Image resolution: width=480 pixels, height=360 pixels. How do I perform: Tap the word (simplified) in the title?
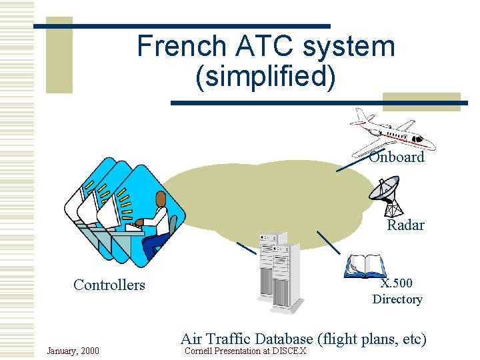point(265,77)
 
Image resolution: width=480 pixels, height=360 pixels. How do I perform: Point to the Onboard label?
point(397,157)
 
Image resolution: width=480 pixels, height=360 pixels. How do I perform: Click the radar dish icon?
point(385,193)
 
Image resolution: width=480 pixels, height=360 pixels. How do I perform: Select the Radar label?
point(405,225)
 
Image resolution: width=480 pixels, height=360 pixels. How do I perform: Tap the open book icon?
point(365,266)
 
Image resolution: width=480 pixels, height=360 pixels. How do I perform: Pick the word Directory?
point(397,299)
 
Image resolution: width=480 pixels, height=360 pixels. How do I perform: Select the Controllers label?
point(109,285)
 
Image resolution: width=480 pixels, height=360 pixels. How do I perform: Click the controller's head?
point(161,199)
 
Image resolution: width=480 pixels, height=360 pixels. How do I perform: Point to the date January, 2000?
point(73,351)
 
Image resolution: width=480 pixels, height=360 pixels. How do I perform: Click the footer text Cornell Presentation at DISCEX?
point(245,351)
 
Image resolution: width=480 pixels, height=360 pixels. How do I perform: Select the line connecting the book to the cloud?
point(328,242)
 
